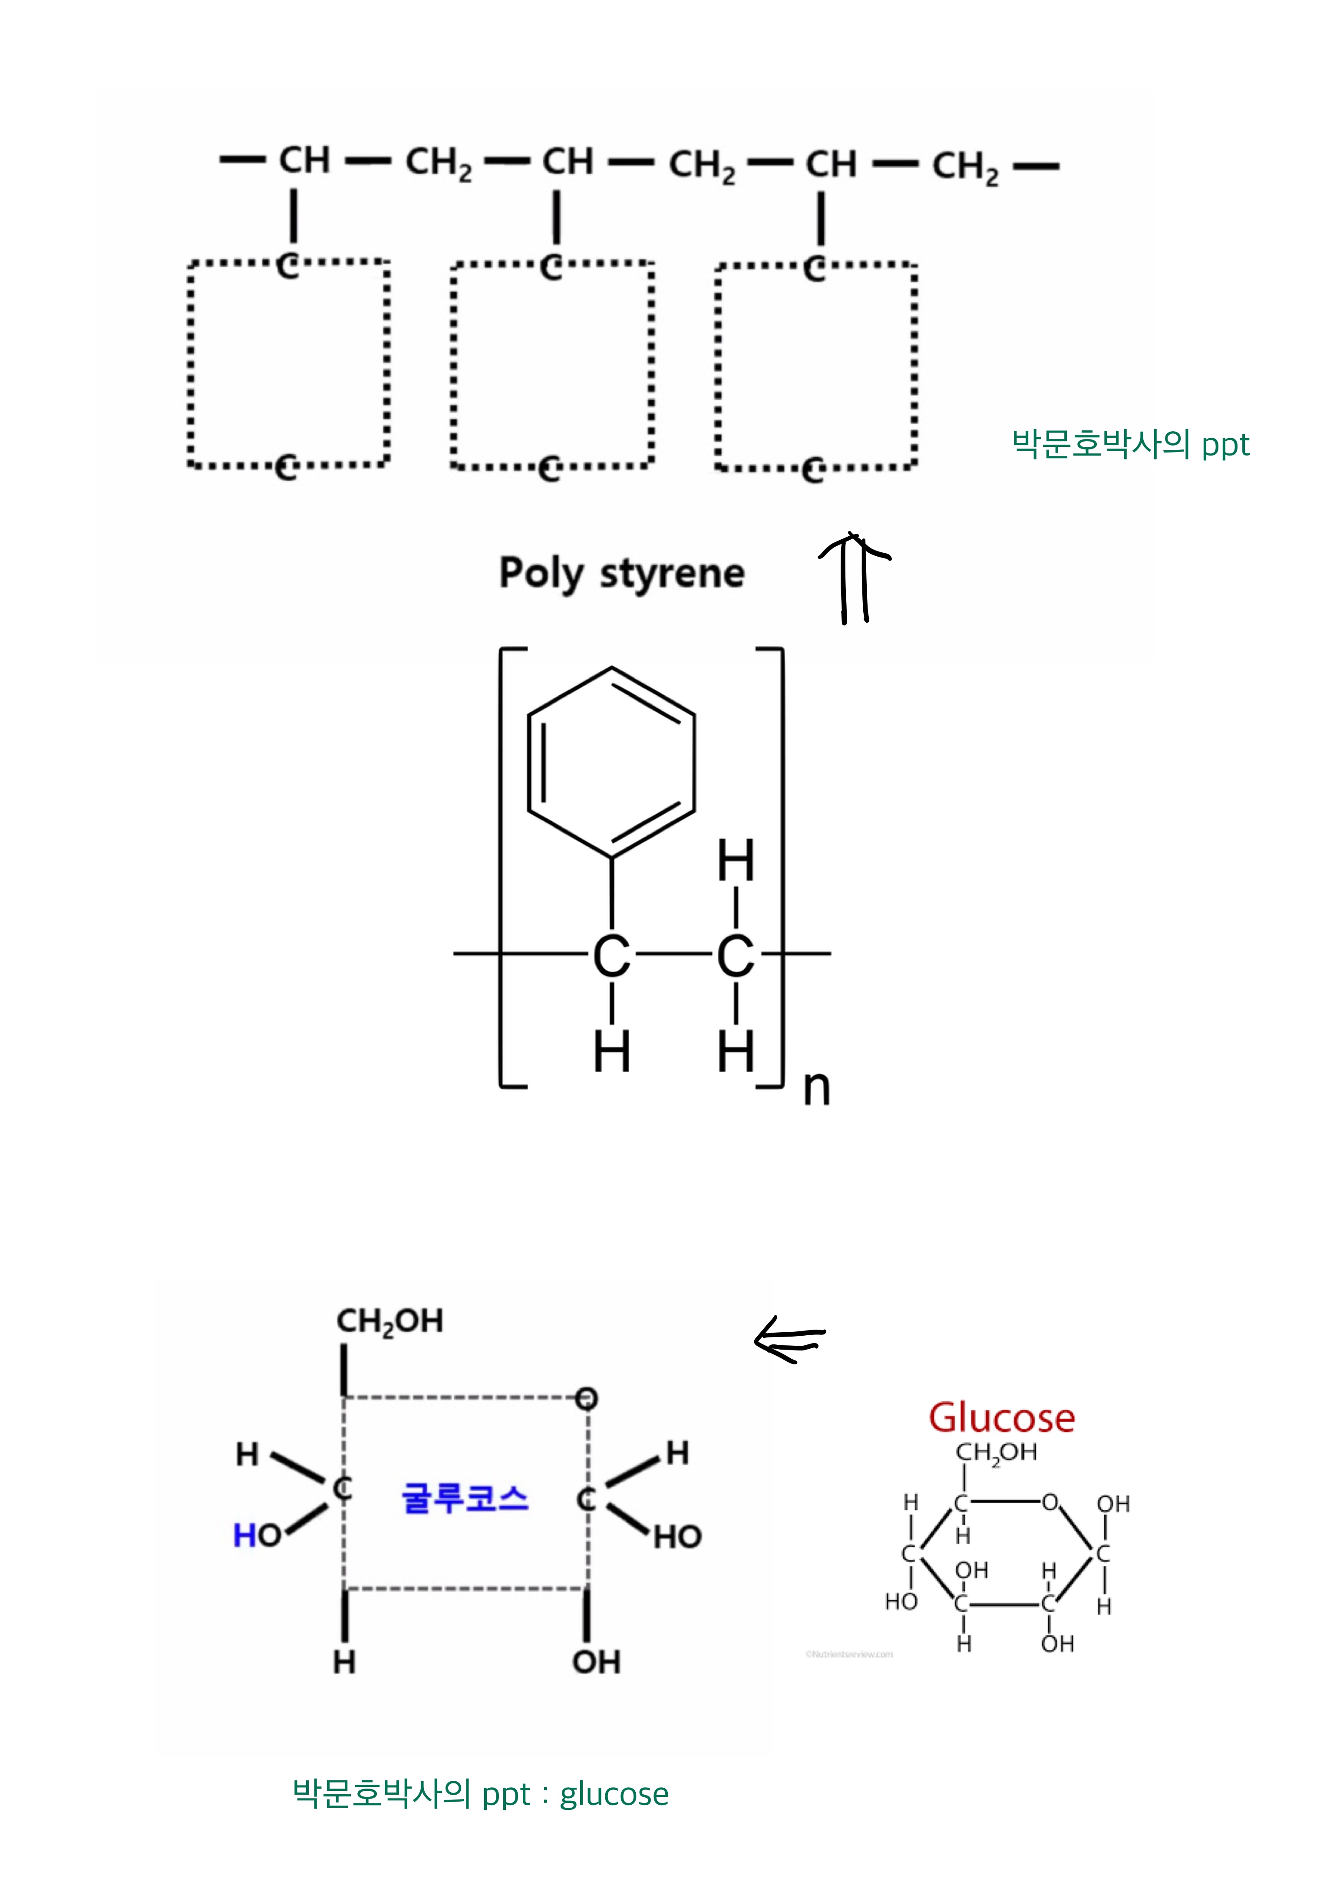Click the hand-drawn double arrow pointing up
(x=854, y=578)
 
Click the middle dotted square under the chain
(x=552, y=366)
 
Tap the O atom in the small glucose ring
(x=1050, y=1502)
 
